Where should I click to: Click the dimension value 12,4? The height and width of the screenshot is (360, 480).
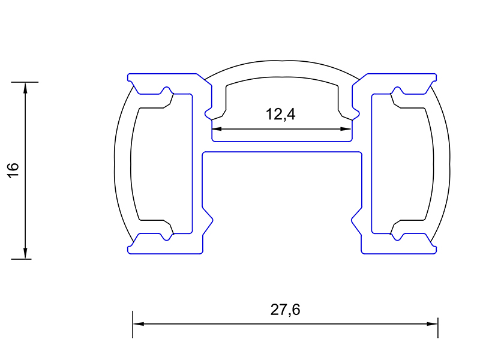pyautogui.click(x=280, y=115)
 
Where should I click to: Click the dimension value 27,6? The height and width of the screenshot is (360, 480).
pyautogui.click(x=286, y=310)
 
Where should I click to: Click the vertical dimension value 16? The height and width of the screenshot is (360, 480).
pyautogui.click(x=13, y=170)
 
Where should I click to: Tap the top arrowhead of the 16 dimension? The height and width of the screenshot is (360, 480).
pyautogui.click(x=25, y=88)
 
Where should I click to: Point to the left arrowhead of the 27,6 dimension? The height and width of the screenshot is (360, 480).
pyautogui.click(x=139, y=323)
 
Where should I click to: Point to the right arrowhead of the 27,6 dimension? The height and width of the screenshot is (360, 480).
pyautogui.click(x=432, y=323)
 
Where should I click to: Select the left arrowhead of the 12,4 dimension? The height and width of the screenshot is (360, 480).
pyautogui.click(x=217, y=129)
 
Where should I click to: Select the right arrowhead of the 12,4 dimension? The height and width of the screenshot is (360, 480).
pyautogui.click(x=346, y=129)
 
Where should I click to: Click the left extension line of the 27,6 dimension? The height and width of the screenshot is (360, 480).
pyautogui.click(x=133, y=325)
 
